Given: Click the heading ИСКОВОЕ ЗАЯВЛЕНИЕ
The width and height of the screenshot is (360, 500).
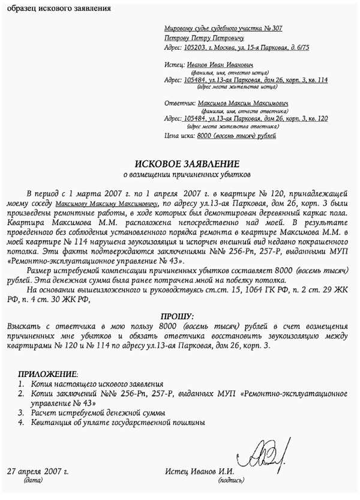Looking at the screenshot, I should tap(187, 164).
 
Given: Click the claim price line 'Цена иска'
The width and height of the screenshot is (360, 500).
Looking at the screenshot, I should tap(220, 136).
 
